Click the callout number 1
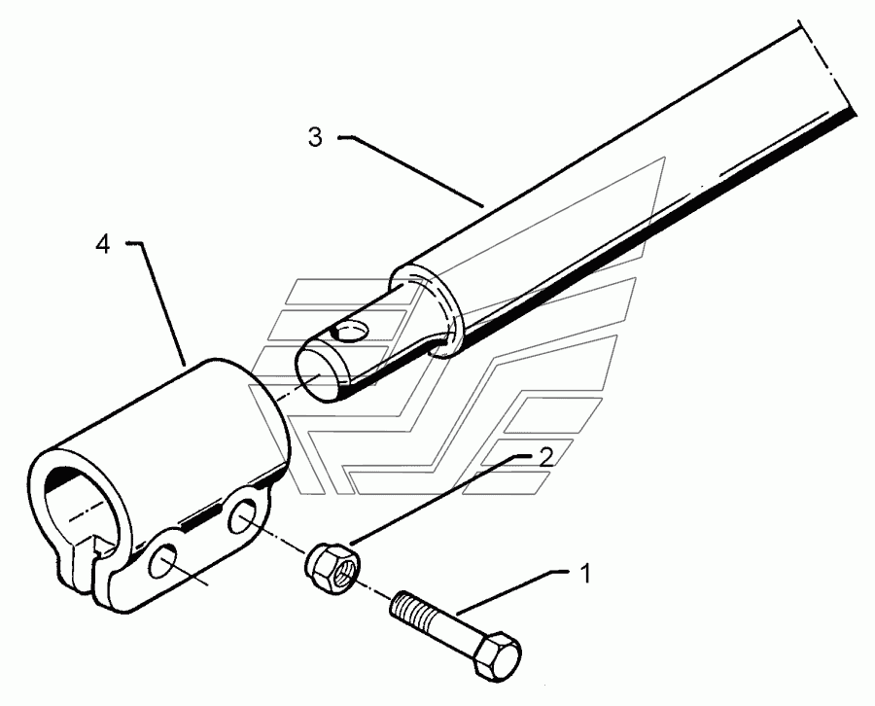[586, 575]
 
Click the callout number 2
[546, 457]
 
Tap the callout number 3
[314, 137]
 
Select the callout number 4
[102, 244]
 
